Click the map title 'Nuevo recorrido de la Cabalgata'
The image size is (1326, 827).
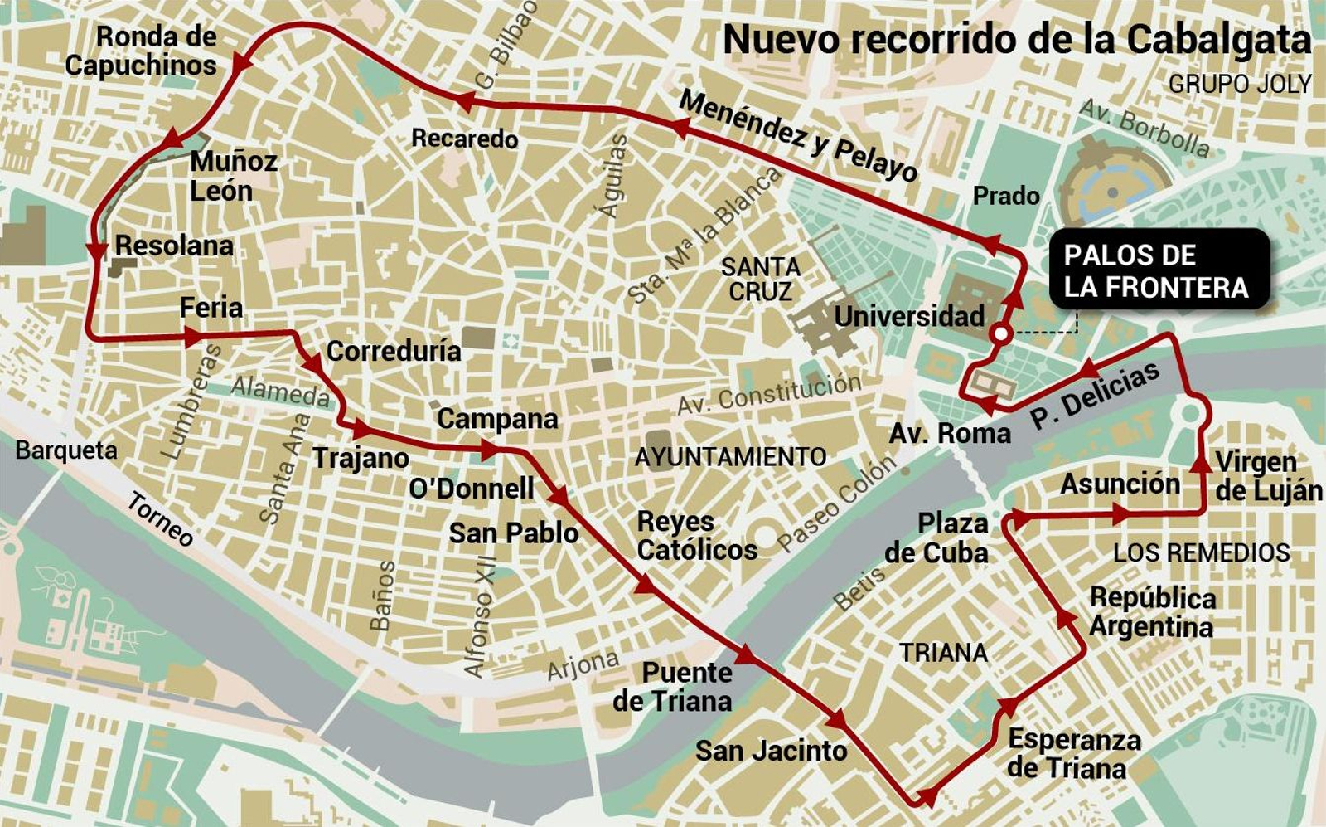pyautogui.click(x=1017, y=40)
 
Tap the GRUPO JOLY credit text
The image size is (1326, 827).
pyautogui.click(x=1239, y=84)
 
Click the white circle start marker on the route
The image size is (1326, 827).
pyautogui.click(x=1000, y=334)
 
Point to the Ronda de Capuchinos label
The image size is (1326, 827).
pyautogui.click(x=142, y=51)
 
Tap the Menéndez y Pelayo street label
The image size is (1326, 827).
pyautogui.click(x=798, y=136)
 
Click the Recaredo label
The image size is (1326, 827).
pyautogui.click(x=464, y=138)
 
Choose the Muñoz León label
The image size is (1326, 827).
pyautogui.click(x=232, y=176)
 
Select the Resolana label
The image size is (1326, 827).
pyautogui.click(x=173, y=246)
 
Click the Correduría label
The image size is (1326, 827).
pyautogui.click(x=394, y=351)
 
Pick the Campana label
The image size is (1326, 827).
pyautogui.click(x=497, y=419)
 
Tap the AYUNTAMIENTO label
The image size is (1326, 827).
pyautogui.click(x=730, y=457)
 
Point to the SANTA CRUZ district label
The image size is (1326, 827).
pyautogui.click(x=760, y=280)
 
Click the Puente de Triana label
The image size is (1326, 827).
pyautogui.click(x=673, y=687)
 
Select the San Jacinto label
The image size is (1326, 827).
pyautogui.click(x=771, y=752)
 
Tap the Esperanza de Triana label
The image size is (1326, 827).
pyautogui.click(x=1073, y=753)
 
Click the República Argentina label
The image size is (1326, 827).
pyautogui.click(x=1152, y=611)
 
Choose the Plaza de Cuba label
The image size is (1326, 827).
pyautogui.click(x=937, y=538)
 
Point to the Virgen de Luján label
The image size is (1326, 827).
pyautogui.click(x=1268, y=476)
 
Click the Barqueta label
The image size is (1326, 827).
pyautogui.click(x=66, y=450)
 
